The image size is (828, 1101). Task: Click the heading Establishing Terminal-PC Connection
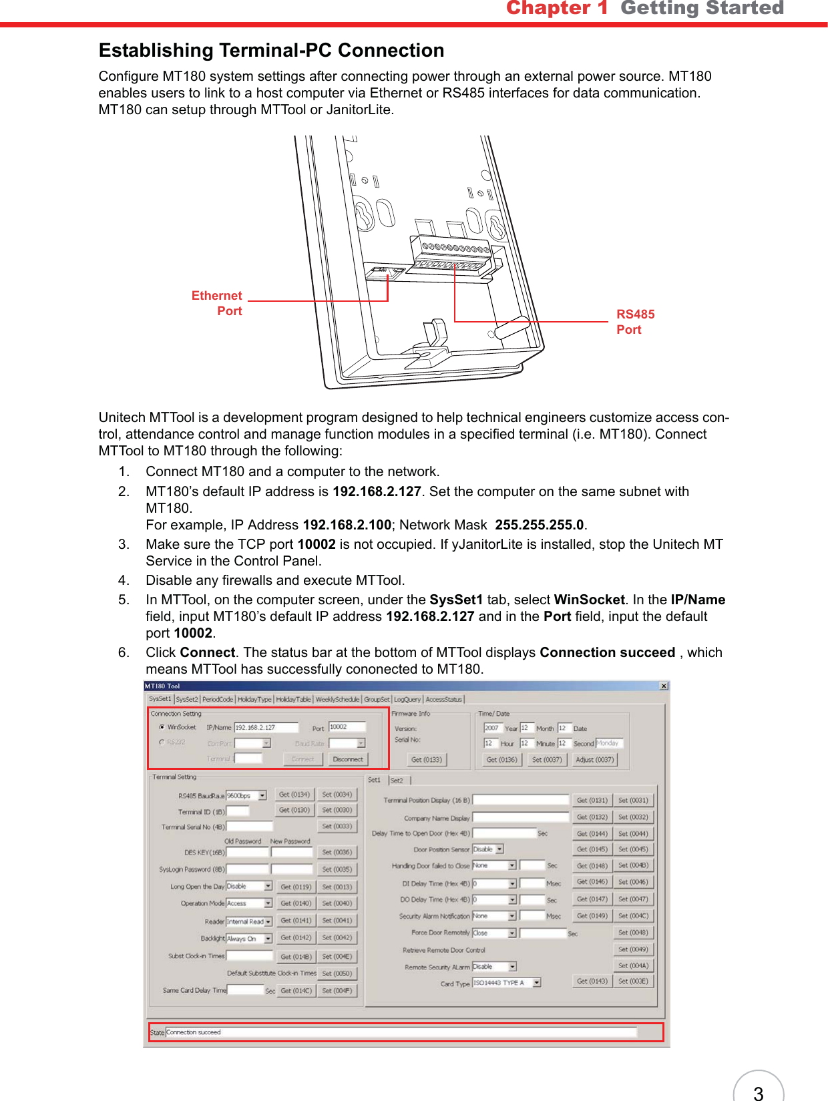click(271, 51)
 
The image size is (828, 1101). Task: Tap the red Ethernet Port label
click(217, 303)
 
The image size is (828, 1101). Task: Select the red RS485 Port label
click(634, 322)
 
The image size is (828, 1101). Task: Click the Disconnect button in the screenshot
click(348, 759)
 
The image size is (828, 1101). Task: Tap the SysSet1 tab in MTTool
click(160, 699)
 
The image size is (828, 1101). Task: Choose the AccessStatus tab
click(443, 699)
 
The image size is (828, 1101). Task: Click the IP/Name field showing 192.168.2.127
click(265, 727)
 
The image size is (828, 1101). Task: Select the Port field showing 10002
click(347, 726)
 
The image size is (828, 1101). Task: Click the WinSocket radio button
click(162, 727)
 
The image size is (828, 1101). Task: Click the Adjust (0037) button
click(594, 759)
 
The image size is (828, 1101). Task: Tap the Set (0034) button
click(337, 795)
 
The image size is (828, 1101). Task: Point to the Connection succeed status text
click(194, 1032)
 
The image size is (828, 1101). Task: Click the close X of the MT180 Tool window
click(664, 686)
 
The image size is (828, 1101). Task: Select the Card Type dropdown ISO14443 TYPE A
click(506, 983)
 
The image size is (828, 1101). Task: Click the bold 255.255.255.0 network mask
click(539, 525)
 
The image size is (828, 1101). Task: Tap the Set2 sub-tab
click(397, 780)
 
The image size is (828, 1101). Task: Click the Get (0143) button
click(592, 981)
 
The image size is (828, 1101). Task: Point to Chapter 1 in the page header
click(557, 8)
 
